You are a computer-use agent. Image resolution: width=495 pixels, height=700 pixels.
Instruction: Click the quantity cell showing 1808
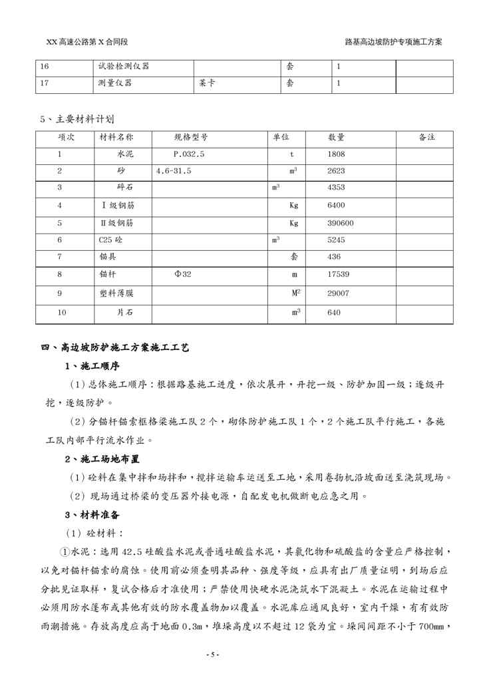coord(337,154)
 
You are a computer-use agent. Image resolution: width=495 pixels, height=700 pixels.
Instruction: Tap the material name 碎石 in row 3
coord(125,188)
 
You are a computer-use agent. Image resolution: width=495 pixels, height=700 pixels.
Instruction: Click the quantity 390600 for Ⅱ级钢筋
coord(341,223)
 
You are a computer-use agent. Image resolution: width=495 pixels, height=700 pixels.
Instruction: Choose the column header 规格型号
coord(192,137)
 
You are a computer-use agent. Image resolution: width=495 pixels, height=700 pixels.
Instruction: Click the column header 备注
coord(426,137)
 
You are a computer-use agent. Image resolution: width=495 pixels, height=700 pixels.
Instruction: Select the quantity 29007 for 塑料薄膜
coord(339,293)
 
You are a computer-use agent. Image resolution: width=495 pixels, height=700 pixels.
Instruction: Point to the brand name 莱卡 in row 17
coord(206,83)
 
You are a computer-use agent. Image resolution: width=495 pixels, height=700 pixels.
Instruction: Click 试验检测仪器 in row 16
coord(123,67)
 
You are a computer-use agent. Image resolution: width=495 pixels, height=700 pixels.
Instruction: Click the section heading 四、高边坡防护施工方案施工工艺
coord(116,347)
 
